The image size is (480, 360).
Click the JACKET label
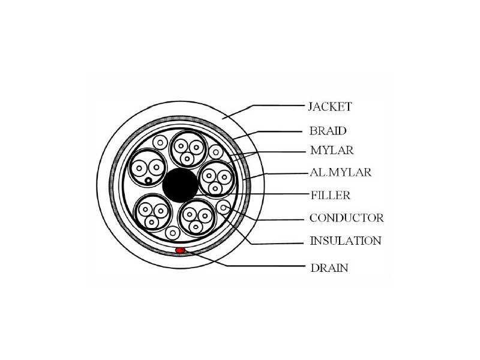pos(329,107)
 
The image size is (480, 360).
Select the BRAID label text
pos(328,131)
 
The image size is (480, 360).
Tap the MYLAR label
pos(332,151)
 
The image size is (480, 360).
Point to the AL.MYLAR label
pos(340,172)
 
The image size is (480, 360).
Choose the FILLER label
pos(331,195)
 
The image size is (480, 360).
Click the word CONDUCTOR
pos(347,218)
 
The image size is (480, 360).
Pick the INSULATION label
pos(346,241)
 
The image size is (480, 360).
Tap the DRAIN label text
pos(329,268)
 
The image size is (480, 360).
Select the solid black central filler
pos(181,185)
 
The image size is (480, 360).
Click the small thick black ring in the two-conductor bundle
pos(148,181)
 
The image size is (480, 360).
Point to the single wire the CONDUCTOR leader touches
pos(223,207)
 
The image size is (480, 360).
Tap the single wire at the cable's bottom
pos(173,233)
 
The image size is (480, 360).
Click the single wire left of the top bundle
pos(160,142)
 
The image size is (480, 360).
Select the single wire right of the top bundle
pos(216,152)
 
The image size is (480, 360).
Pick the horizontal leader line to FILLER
pos(251,194)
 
